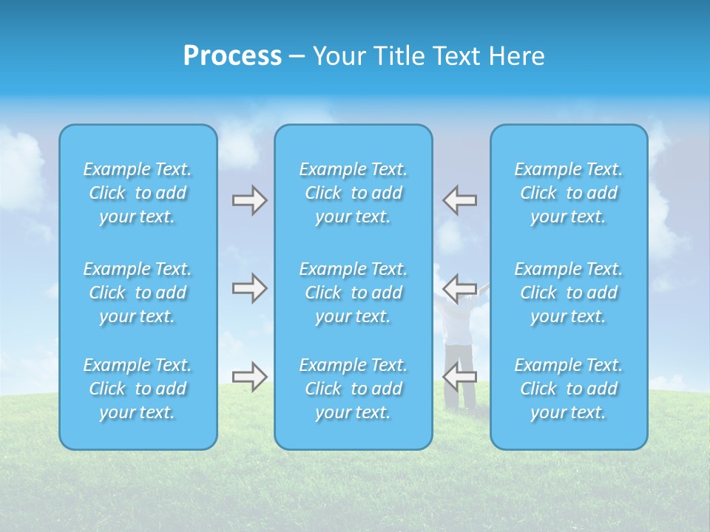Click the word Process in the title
click(x=232, y=56)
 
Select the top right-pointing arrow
click(x=249, y=200)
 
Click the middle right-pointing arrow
click(x=249, y=288)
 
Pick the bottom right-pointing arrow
click(x=249, y=377)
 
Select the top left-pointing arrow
click(x=460, y=200)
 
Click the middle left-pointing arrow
click(x=460, y=288)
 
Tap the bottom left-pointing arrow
click(x=460, y=377)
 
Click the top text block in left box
click(x=138, y=193)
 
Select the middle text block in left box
click(x=138, y=293)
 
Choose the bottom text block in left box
click(x=138, y=389)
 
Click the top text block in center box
click(x=354, y=193)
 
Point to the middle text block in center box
click(x=354, y=293)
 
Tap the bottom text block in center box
click(x=354, y=389)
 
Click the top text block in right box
click(x=569, y=193)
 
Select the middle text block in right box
click(x=569, y=293)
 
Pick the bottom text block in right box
click(x=569, y=389)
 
